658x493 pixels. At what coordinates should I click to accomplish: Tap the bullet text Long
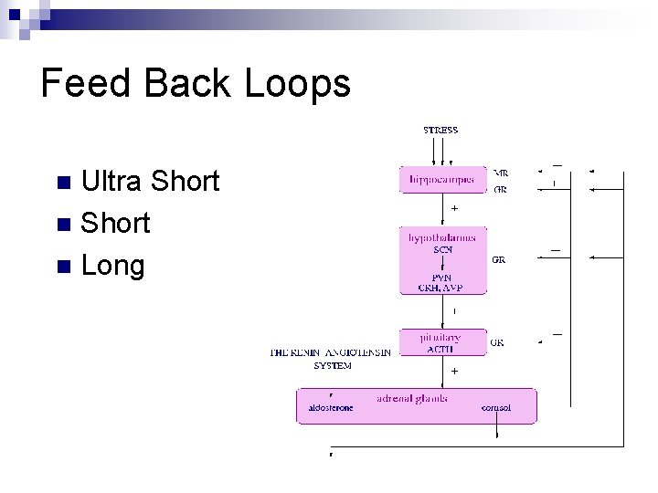[x=113, y=266]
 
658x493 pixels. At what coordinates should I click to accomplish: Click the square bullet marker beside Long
[x=62, y=267]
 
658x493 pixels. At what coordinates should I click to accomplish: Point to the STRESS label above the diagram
[x=440, y=131]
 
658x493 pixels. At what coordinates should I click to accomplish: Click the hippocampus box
[x=442, y=179]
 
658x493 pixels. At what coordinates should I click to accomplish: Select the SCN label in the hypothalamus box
[x=442, y=250]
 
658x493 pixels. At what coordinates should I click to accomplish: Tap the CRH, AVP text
[x=442, y=288]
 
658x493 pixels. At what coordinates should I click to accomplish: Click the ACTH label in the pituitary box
[x=442, y=349]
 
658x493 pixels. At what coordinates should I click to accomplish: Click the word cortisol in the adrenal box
[x=496, y=408]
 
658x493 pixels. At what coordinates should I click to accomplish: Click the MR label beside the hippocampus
[x=501, y=172]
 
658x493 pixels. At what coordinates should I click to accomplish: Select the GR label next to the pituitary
[x=497, y=342]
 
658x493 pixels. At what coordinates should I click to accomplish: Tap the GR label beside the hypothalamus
[x=499, y=259]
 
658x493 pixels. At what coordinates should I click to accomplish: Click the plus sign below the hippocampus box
[x=454, y=208]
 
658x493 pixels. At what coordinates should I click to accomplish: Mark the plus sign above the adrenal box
[x=454, y=372]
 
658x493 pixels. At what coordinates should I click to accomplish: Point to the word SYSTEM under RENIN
[x=332, y=365]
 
